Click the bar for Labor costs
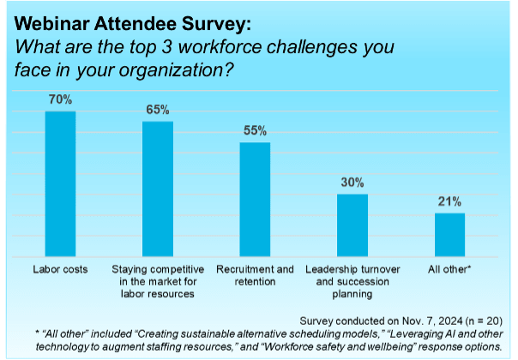coord(60,183)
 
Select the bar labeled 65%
coord(158,189)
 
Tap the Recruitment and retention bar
coord(255,199)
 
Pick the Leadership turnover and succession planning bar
coord(352,225)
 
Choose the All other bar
coord(449,235)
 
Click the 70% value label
coord(60,99)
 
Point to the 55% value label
coord(255,131)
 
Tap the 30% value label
coord(352,183)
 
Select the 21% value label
coord(449,201)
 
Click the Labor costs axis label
coord(60,269)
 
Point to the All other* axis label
coord(449,269)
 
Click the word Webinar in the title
coord(51,24)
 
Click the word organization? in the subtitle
coord(176,70)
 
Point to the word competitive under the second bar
coord(175,269)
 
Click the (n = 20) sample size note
coord(484,321)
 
